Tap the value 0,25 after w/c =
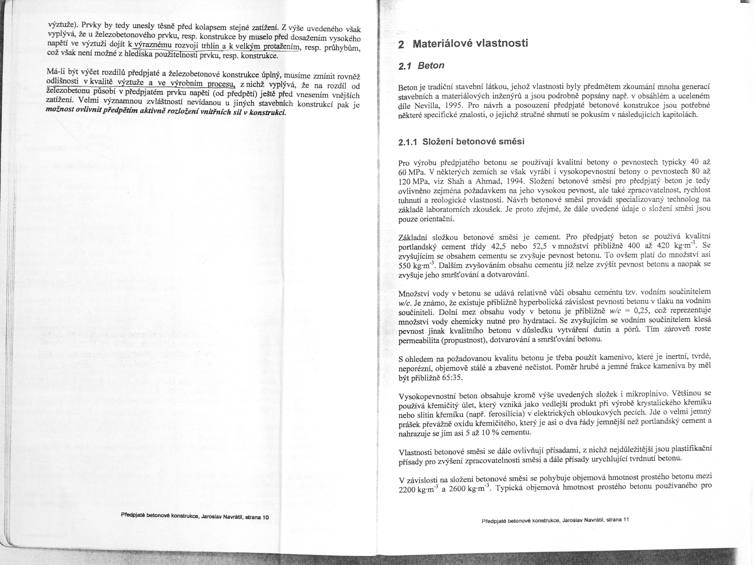click(x=641, y=311)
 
